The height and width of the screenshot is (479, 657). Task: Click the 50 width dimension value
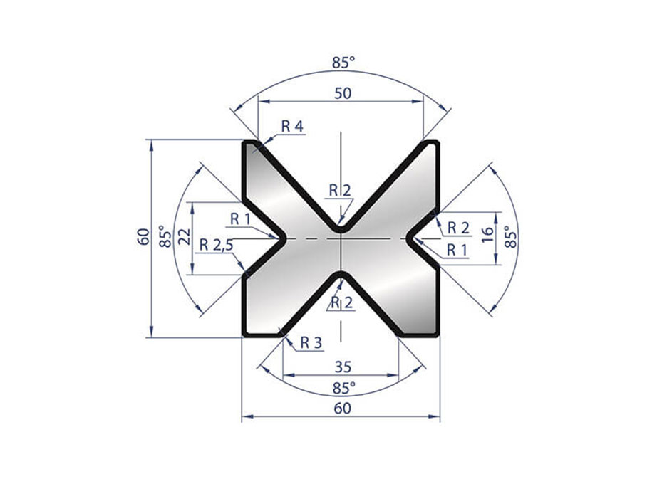[x=342, y=95]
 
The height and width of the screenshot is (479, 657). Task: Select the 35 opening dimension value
[x=343, y=368]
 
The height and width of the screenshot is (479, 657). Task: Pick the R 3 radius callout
[x=311, y=342]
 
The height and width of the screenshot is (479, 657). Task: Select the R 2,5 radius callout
[x=216, y=245]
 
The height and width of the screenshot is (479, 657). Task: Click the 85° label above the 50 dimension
[x=343, y=63]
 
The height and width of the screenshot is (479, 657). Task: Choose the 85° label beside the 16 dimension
[x=509, y=236]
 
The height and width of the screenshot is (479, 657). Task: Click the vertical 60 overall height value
[x=143, y=238]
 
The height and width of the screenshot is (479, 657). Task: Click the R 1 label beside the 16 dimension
[x=457, y=249]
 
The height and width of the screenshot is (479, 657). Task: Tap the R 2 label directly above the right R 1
[x=458, y=228]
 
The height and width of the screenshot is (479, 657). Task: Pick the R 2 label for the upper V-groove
[x=340, y=189]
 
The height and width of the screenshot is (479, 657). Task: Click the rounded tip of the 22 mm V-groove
[x=284, y=238]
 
